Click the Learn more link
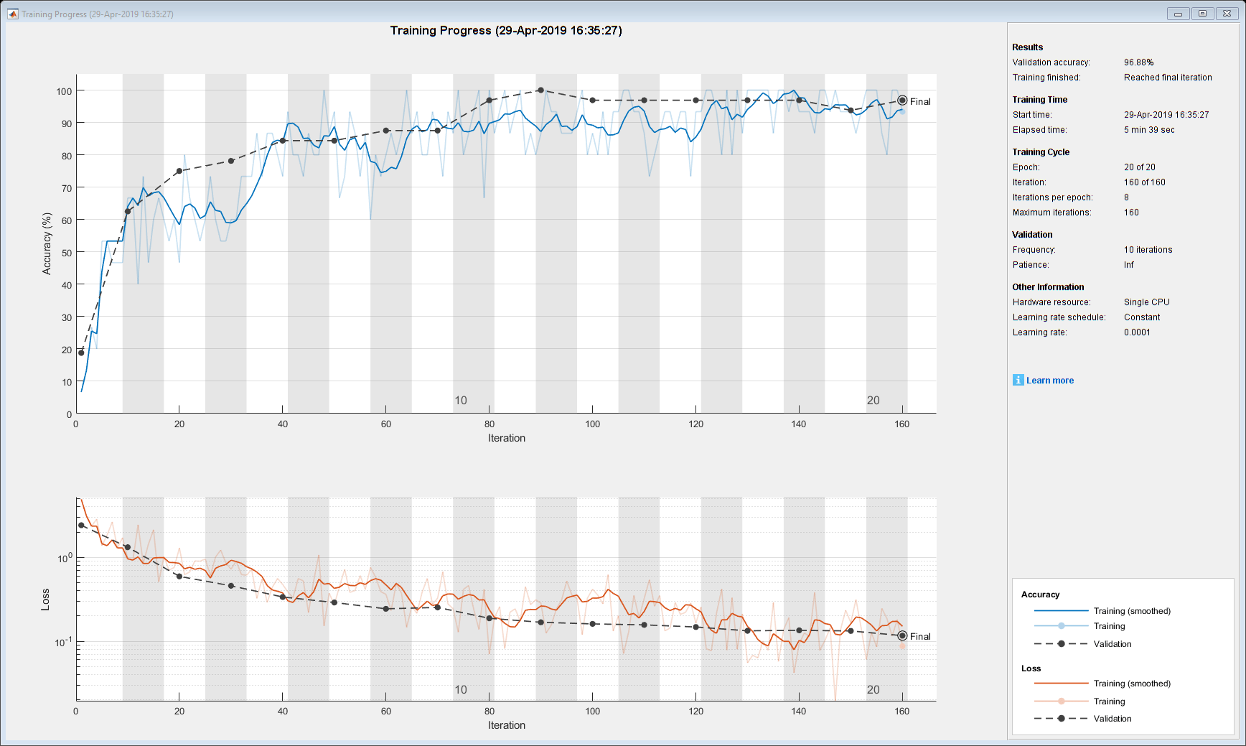[x=1049, y=381]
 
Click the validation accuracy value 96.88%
[x=1138, y=62]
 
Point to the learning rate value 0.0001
[x=1137, y=332]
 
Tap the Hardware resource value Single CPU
[x=1146, y=302]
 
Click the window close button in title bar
[x=1227, y=14]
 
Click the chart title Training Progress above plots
[x=506, y=30]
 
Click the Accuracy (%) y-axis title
[x=47, y=243]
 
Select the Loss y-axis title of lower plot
[x=45, y=600]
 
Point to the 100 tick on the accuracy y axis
[x=64, y=91]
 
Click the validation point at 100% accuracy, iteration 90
[x=540, y=90]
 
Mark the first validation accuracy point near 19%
[x=81, y=353]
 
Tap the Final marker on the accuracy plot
[x=902, y=101]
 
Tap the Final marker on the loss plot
[x=902, y=635]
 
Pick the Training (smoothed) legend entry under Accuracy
[x=1132, y=611]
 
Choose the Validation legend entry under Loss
[x=1112, y=719]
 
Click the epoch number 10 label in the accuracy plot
[x=461, y=401]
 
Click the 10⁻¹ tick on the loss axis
[x=64, y=642]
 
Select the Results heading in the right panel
[x=1027, y=47]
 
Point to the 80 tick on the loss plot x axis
[x=489, y=712]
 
